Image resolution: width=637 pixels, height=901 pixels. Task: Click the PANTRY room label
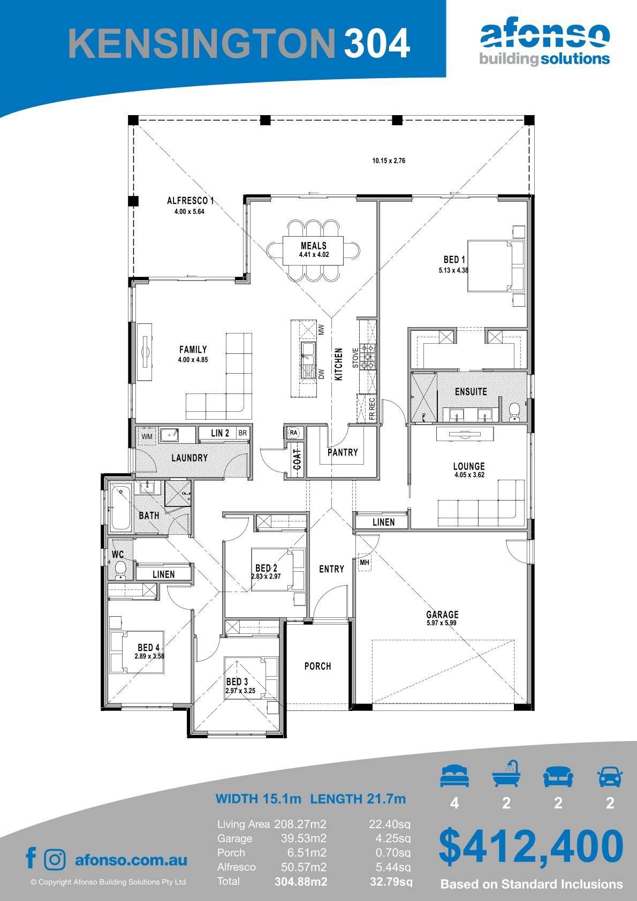(343, 452)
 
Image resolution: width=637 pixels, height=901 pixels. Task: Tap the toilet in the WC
(120, 570)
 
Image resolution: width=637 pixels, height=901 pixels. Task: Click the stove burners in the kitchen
(368, 357)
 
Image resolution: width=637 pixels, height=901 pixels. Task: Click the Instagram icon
(55, 860)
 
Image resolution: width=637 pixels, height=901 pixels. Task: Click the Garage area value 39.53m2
(304, 838)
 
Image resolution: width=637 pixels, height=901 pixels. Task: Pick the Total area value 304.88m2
(301, 882)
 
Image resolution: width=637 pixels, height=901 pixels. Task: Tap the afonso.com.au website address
(131, 860)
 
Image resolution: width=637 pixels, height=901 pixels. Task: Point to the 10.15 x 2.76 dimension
(389, 161)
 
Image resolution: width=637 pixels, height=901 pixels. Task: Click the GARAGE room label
(442, 615)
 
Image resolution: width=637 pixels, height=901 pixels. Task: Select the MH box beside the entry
(365, 563)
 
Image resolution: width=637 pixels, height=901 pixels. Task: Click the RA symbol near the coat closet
(294, 433)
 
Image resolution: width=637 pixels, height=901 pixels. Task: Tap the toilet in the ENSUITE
(514, 411)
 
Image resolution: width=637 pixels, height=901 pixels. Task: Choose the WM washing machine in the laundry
(147, 436)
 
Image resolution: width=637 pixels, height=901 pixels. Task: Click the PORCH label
(317, 667)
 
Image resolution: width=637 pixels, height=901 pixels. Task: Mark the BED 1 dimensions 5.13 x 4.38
(453, 270)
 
